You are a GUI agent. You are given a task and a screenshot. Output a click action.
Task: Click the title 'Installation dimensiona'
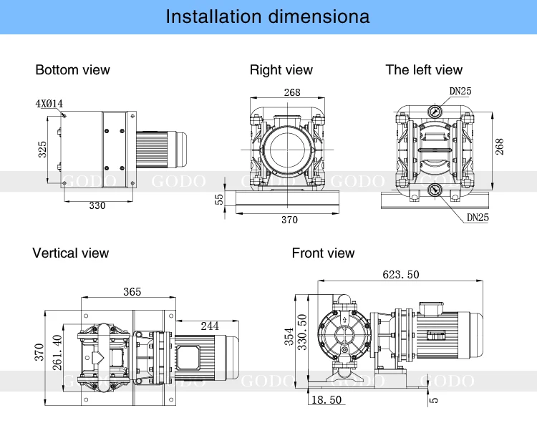pyautogui.click(x=268, y=16)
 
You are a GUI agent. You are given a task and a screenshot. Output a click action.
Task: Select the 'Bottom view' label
pyautogui.click(x=72, y=69)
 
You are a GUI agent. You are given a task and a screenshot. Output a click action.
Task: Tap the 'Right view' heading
pyautogui.click(x=281, y=69)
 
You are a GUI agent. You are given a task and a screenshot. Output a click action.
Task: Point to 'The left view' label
pyautogui.click(x=424, y=69)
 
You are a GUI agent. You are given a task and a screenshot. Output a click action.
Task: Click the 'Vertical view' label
pyautogui.click(x=70, y=253)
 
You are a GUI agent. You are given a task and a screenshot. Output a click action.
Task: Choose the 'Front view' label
pyautogui.click(x=323, y=253)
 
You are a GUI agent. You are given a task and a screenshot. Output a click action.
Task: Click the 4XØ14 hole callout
pyautogui.click(x=49, y=104)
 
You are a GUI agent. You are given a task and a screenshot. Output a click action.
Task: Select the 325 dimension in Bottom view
pyautogui.click(x=43, y=149)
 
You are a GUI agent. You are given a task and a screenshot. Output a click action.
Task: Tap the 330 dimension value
pyautogui.click(x=97, y=205)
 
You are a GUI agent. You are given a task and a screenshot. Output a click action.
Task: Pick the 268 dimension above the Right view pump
pyautogui.click(x=291, y=92)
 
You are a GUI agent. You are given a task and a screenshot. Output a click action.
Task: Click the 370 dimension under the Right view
pyautogui.click(x=289, y=220)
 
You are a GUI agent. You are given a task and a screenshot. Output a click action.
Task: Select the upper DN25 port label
pyautogui.click(x=460, y=91)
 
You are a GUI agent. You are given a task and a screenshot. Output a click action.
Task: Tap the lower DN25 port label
pyautogui.click(x=478, y=217)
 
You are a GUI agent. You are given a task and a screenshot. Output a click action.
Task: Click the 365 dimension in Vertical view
pyautogui.click(x=132, y=291)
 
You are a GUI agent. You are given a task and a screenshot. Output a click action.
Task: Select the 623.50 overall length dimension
pyautogui.click(x=402, y=274)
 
